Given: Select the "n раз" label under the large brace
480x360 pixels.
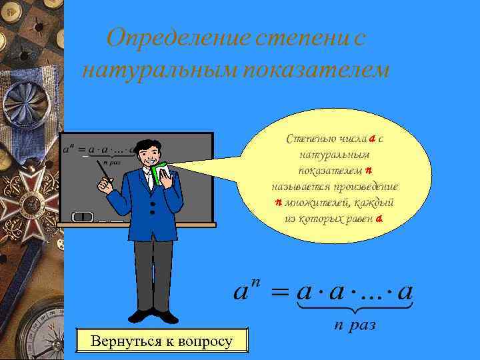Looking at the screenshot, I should pos(355,324).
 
